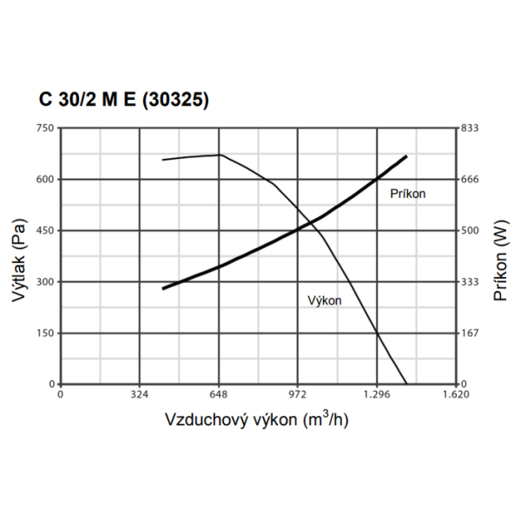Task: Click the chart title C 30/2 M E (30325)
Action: pyautogui.click(x=122, y=99)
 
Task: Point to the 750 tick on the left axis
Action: pyautogui.click(x=44, y=129)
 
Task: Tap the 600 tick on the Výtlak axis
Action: pyautogui.click(x=44, y=180)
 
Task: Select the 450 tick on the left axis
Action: pyautogui.click(x=44, y=231)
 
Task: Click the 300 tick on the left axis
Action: pyautogui.click(x=44, y=282)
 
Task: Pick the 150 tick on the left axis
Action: pyautogui.click(x=44, y=333)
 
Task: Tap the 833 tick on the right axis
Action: pyautogui.click(x=470, y=129)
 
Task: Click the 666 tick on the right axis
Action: pyautogui.click(x=470, y=180)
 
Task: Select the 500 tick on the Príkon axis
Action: pyautogui.click(x=470, y=231)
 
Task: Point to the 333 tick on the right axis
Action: pyautogui.click(x=470, y=282)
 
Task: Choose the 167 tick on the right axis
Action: pyautogui.click(x=470, y=333)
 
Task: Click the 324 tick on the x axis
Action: pyautogui.click(x=139, y=394)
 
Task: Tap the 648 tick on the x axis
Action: pyautogui.click(x=218, y=394)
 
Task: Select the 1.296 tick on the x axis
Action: pyautogui.click(x=376, y=394)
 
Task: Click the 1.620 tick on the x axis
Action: pyautogui.click(x=455, y=394)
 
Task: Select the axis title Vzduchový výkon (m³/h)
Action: pyautogui.click(x=257, y=419)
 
